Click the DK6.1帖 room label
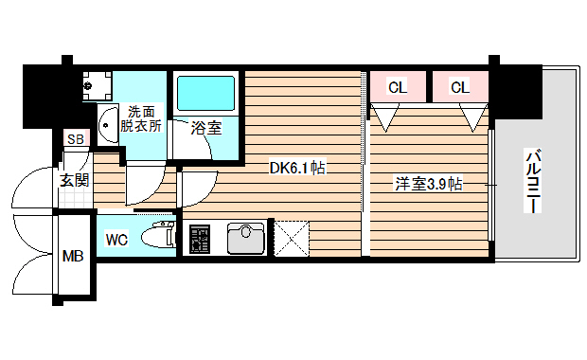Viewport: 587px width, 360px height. click(297, 168)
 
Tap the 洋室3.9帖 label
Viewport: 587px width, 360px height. click(428, 184)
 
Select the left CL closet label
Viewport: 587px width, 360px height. click(398, 87)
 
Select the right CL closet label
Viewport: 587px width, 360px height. click(459, 87)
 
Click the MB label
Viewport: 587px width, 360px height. click(72, 256)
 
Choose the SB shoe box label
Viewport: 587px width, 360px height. click(74, 140)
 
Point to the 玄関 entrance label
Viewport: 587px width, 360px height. click(74, 179)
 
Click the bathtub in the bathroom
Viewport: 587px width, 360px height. click(206, 94)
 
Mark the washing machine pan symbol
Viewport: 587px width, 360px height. click(96, 86)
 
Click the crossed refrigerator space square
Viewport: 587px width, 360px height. click(293, 237)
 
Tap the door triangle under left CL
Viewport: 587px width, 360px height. click(385, 118)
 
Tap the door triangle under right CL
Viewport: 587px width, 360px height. click(472, 118)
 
